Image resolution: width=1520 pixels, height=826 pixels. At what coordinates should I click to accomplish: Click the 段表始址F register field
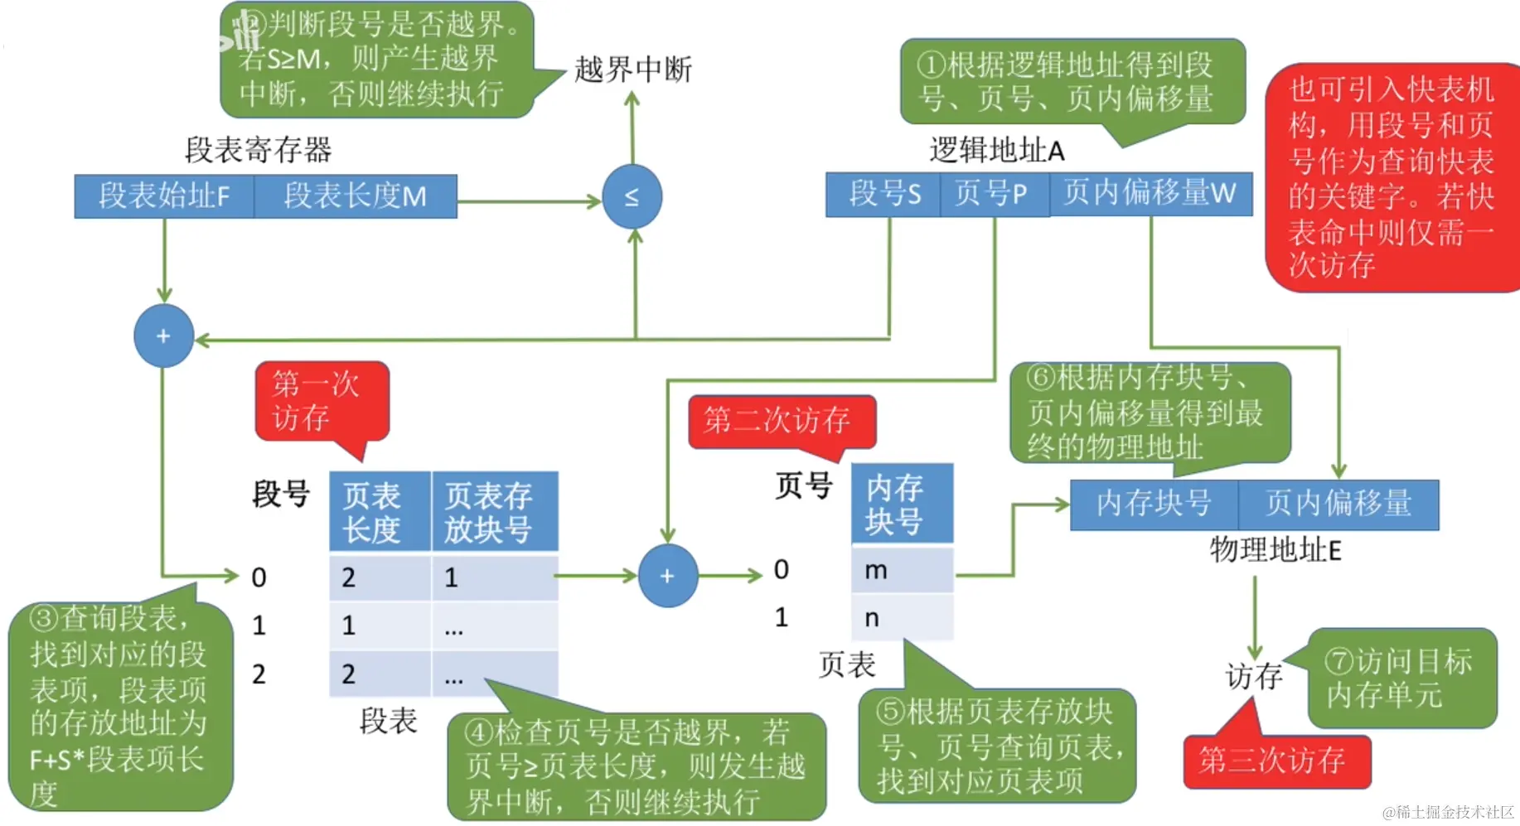[164, 196]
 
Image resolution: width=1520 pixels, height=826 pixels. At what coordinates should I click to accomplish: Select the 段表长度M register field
[356, 196]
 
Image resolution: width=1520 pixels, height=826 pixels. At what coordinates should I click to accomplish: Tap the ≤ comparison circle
[632, 197]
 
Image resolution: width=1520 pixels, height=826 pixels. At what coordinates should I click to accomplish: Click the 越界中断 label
[633, 70]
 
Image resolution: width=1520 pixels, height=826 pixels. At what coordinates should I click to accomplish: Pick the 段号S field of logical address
[883, 194]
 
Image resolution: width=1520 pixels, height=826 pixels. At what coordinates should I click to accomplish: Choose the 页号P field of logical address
[994, 194]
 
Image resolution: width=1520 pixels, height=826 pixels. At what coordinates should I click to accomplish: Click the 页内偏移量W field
[1150, 194]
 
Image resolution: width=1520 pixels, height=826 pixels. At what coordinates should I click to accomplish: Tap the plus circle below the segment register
[163, 336]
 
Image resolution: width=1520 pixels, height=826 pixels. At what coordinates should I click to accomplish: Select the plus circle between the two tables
[667, 576]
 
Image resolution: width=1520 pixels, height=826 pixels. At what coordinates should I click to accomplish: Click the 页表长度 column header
[380, 512]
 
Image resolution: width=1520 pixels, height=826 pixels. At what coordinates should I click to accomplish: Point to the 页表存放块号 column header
[495, 512]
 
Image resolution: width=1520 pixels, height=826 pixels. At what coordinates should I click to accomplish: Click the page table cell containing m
[902, 570]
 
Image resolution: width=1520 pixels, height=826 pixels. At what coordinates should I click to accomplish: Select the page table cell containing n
[902, 618]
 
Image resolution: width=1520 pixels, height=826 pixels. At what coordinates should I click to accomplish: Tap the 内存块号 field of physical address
[1154, 504]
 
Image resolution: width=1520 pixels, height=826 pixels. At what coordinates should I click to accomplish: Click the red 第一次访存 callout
[320, 401]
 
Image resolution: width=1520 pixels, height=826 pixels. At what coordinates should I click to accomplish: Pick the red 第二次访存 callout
[779, 421]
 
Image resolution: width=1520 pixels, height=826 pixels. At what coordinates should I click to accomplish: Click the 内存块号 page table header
[902, 504]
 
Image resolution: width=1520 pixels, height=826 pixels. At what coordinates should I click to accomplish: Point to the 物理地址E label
[1275, 549]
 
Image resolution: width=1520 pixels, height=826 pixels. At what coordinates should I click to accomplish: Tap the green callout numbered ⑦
[1401, 679]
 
